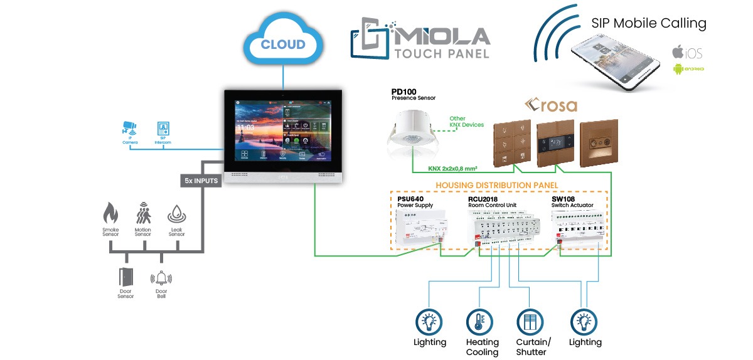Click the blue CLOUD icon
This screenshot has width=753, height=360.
282,43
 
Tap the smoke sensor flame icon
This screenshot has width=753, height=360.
110,215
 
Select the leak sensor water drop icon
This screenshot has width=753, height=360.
176,216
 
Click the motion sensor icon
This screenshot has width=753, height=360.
143,215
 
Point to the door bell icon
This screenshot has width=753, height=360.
161,278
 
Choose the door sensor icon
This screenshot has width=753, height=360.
125,277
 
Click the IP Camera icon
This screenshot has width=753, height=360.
129,129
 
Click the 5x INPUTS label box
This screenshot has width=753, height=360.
201,181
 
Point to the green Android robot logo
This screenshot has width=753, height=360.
678,68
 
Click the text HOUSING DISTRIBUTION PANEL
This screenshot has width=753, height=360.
496,185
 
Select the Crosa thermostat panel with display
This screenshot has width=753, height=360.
554,142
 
